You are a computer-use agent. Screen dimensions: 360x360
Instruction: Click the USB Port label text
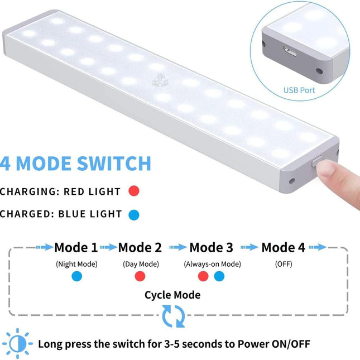[x=300, y=90]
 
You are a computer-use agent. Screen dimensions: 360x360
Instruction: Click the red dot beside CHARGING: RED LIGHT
[x=133, y=191]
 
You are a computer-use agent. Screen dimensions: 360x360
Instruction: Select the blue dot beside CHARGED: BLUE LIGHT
[x=133, y=214]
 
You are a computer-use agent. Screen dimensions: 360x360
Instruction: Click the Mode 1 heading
[x=76, y=247]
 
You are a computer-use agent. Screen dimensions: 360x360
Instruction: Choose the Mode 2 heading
[x=140, y=247]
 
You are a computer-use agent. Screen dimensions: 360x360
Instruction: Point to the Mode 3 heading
[x=211, y=247]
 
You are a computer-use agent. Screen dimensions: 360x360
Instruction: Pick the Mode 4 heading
[x=283, y=247]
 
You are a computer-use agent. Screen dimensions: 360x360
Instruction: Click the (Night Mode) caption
[x=76, y=264]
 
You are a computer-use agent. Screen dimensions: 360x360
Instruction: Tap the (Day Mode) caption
[x=141, y=264]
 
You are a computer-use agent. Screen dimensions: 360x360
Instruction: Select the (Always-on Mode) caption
[x=212, y=264]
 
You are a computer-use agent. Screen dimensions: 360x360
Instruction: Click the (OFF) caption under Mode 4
[x=284, y=264]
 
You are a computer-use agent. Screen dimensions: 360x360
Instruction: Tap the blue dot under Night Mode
[x=76, y=276]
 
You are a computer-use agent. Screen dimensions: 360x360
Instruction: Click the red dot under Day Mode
[x=140, y=276]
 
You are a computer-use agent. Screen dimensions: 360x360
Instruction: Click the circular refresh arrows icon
[x=173, y=316]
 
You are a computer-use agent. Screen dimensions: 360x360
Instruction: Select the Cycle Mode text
[x=172, y=295]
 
